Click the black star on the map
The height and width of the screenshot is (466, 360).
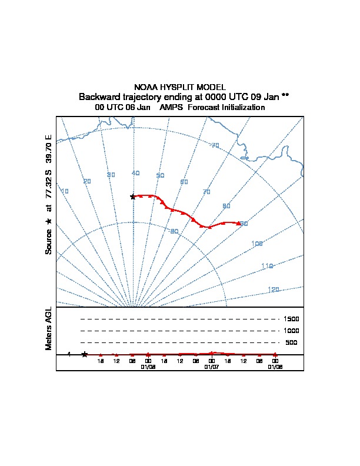133,197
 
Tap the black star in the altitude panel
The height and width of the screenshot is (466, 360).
85,354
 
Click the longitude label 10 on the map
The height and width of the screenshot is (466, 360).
65,191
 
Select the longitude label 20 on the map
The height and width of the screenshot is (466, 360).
87,181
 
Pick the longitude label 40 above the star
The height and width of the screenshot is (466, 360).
135,173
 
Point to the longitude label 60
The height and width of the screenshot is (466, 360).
184,182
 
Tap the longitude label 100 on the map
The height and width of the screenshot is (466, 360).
256,243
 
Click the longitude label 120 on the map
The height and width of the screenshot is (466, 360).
273,289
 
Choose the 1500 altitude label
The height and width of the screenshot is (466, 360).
291,319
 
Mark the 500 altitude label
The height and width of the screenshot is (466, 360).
291,342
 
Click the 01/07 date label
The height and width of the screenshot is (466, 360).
211,367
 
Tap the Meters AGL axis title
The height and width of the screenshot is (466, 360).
49,329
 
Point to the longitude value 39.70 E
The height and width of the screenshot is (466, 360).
49,149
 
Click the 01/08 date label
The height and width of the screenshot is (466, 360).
148,367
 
